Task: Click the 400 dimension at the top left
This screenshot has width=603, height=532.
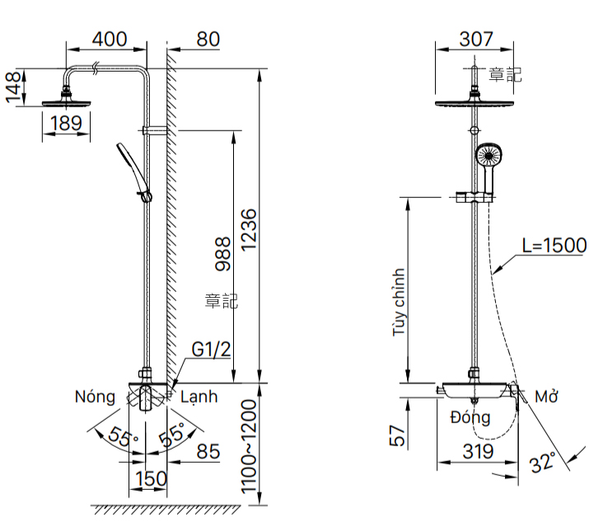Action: [110, 40]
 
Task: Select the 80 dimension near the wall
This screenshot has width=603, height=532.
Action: [208, 40]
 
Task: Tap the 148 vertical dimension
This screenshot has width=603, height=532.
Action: [13, 87]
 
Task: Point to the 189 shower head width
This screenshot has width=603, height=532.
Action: [66, 123]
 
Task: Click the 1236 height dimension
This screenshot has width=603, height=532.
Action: [249, 230]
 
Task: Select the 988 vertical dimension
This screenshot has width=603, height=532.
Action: [223, 254]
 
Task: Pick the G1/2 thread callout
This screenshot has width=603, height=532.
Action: [211, 350]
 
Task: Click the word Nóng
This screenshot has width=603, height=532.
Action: [95, 397]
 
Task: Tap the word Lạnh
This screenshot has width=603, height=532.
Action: [199, 397]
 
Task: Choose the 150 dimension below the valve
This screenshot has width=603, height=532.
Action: [151, 479]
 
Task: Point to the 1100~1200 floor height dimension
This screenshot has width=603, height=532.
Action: [249, 446]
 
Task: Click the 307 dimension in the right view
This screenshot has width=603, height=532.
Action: [476, 40]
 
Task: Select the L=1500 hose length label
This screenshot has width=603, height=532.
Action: [554, 245]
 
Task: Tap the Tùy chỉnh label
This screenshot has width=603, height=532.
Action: [400, 302]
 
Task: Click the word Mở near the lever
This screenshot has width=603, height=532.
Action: [546, 396]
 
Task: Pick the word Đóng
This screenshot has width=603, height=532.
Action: [470, 417]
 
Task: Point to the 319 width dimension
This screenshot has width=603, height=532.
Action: [478, 451]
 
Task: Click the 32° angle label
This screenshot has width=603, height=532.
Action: [543, 463]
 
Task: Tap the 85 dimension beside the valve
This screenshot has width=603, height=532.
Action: [208, 451]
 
